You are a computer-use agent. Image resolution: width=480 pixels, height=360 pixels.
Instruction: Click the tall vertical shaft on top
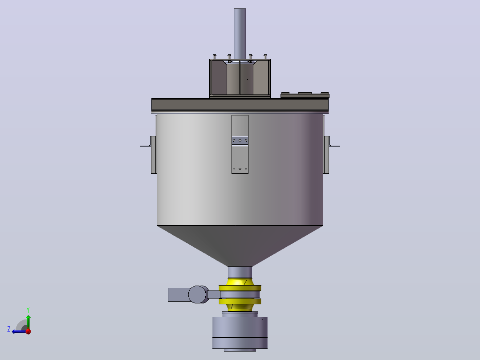tap(240, 34)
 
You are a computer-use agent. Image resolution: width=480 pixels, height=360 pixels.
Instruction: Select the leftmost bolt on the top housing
tap(215, 57)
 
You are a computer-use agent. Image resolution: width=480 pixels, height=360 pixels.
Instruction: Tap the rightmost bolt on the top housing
tap(265, 57)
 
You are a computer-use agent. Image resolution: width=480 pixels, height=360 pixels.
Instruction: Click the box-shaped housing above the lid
tap(240, 78)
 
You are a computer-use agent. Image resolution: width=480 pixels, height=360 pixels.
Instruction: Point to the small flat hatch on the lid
tap(305, 95)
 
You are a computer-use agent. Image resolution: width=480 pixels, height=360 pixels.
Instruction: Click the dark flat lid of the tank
tap(240, 106)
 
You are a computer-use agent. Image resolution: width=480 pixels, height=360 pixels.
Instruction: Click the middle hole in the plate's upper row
tap(240, 140)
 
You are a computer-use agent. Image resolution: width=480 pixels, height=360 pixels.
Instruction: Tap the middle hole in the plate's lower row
tap(240, 169)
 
